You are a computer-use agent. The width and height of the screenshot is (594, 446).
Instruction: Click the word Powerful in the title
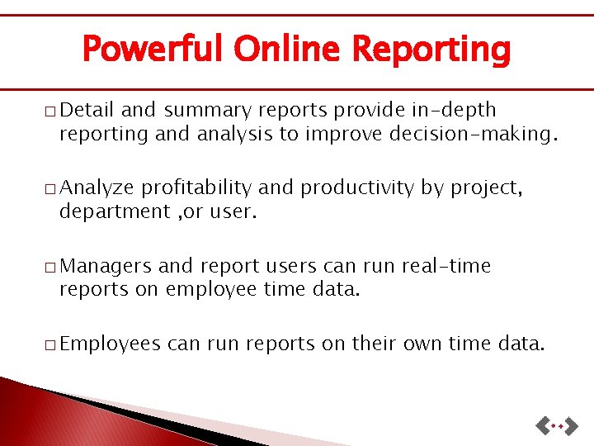point(152,50)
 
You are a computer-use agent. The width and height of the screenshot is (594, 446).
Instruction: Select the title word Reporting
point(431,50)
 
